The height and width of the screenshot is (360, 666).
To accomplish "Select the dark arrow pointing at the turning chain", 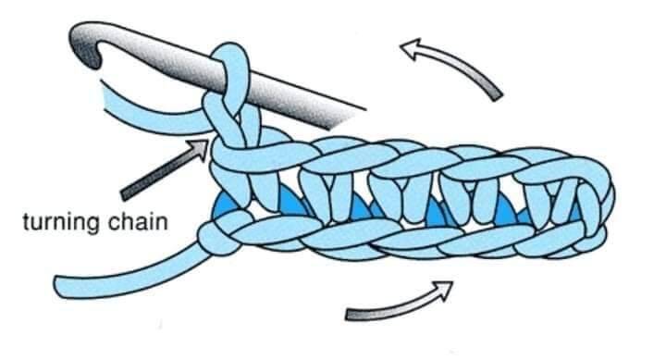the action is point(165,170).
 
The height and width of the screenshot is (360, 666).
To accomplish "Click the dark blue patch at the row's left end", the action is point(225,203).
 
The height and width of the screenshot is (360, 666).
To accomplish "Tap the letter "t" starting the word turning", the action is point(26,222).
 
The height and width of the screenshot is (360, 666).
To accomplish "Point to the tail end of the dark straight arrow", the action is point(125,194).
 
